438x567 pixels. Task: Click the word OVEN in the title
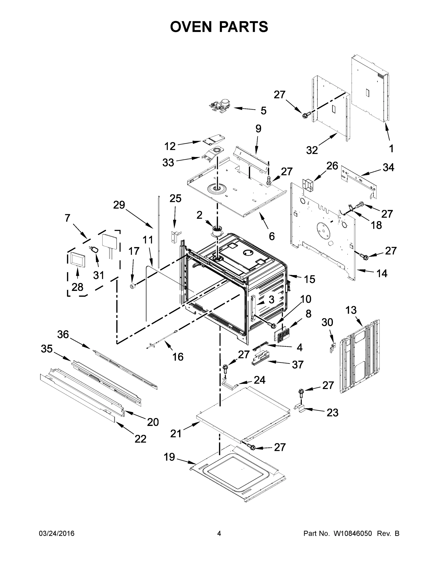(x=191, y=26)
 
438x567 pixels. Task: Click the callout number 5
(x=263, y=111)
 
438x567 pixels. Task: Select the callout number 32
(x=312, y=150)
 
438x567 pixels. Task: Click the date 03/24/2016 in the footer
(x=57, y=534)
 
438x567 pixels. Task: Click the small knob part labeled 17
(x=133, y=286)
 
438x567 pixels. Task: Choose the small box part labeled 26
(x=308, y=185)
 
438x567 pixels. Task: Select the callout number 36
(x=63, y=334)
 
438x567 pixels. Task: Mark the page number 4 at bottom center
(x=219, y=534)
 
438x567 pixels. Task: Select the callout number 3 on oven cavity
(x=271, y=299)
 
